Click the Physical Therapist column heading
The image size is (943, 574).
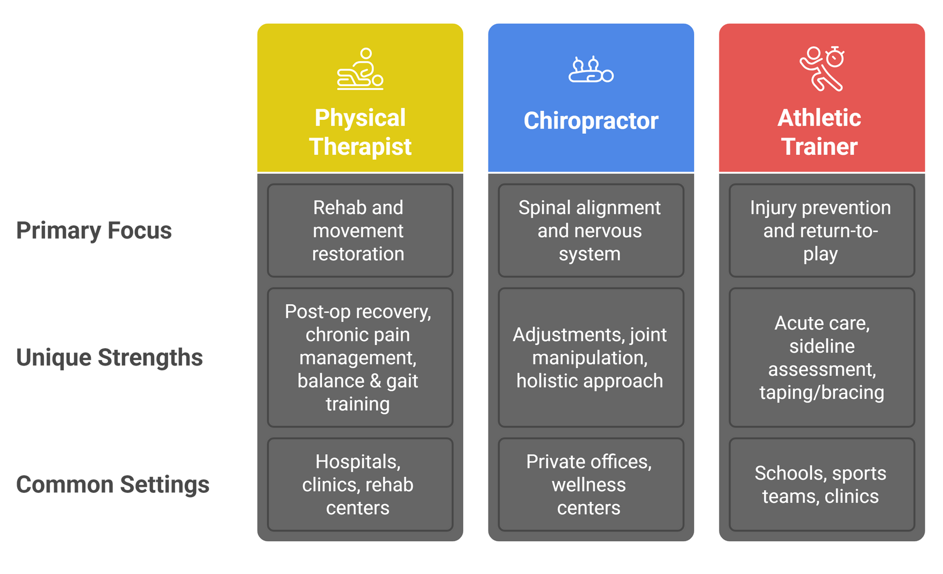tap(360, 132)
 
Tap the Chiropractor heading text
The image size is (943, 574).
tap(591, 121)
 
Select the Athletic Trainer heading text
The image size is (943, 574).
tap(819, 132)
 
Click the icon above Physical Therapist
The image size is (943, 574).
tap(360, 69)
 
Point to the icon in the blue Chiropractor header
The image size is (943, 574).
tap(591, 69)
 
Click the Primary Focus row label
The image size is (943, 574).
tap(94, 231)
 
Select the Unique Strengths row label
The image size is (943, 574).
tap(110, 357)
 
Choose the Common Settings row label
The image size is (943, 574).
tap(113, 484)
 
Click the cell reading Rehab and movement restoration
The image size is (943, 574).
tap(360, 231)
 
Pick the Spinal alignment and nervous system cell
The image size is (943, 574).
tap(591, 231)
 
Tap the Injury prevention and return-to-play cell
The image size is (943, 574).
tap(822, 231)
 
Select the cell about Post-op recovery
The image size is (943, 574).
tap(360, 357)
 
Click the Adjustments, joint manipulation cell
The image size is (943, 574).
tap(591, 357)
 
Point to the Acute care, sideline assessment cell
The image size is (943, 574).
tap(822, 357)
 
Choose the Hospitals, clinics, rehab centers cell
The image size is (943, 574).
tap(360, 484)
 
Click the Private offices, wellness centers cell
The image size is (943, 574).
tap(591, 484)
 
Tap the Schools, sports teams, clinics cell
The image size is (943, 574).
tap(822, 484)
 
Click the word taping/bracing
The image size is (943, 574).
tap(822, 393)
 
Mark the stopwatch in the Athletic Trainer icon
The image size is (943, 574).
tap(835, 56)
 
